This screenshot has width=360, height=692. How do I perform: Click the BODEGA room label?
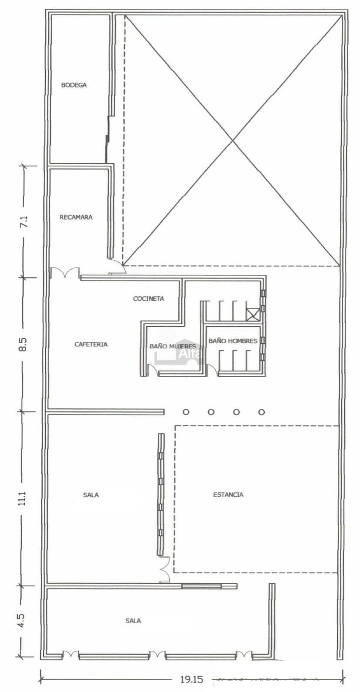click(x=74, y=85)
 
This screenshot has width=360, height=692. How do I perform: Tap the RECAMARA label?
click(x=76, y=217)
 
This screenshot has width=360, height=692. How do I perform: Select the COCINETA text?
click(x=149, y=299)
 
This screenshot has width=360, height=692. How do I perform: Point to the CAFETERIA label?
click(x=91, y=344)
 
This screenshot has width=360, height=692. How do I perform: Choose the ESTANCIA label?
click(x=228, y=495)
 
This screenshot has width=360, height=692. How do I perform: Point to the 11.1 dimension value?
click(x=23, y=498)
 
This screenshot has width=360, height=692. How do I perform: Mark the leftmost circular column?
click(x=186, y=412)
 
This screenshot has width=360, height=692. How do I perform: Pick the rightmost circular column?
click(x=261, y=412)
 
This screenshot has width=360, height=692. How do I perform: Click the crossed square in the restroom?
click(x=253, y=314)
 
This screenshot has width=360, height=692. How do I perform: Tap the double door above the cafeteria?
click(x=66, y=272)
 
